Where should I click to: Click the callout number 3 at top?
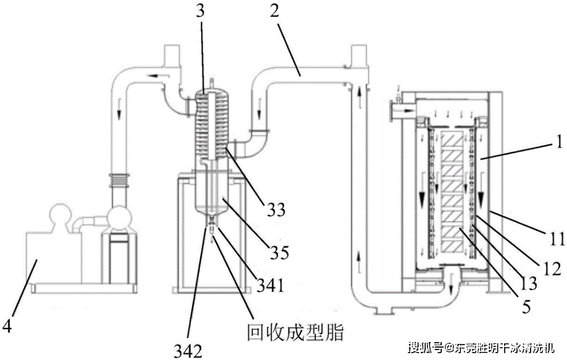pos(201,11)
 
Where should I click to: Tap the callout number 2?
pos(275,11)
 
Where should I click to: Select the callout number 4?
pos(7,325)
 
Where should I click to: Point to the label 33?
pos(276,209)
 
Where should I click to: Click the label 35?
pos(279,253)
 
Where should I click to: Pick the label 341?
pos(270,285)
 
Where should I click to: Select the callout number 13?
pos(528,283)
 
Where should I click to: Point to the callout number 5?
pos(526,307)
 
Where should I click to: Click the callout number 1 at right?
pos(560,142)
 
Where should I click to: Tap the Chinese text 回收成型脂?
pos(295,332)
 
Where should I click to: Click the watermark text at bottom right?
pos(481,348)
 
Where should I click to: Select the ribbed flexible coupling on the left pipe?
pos(119,180)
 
